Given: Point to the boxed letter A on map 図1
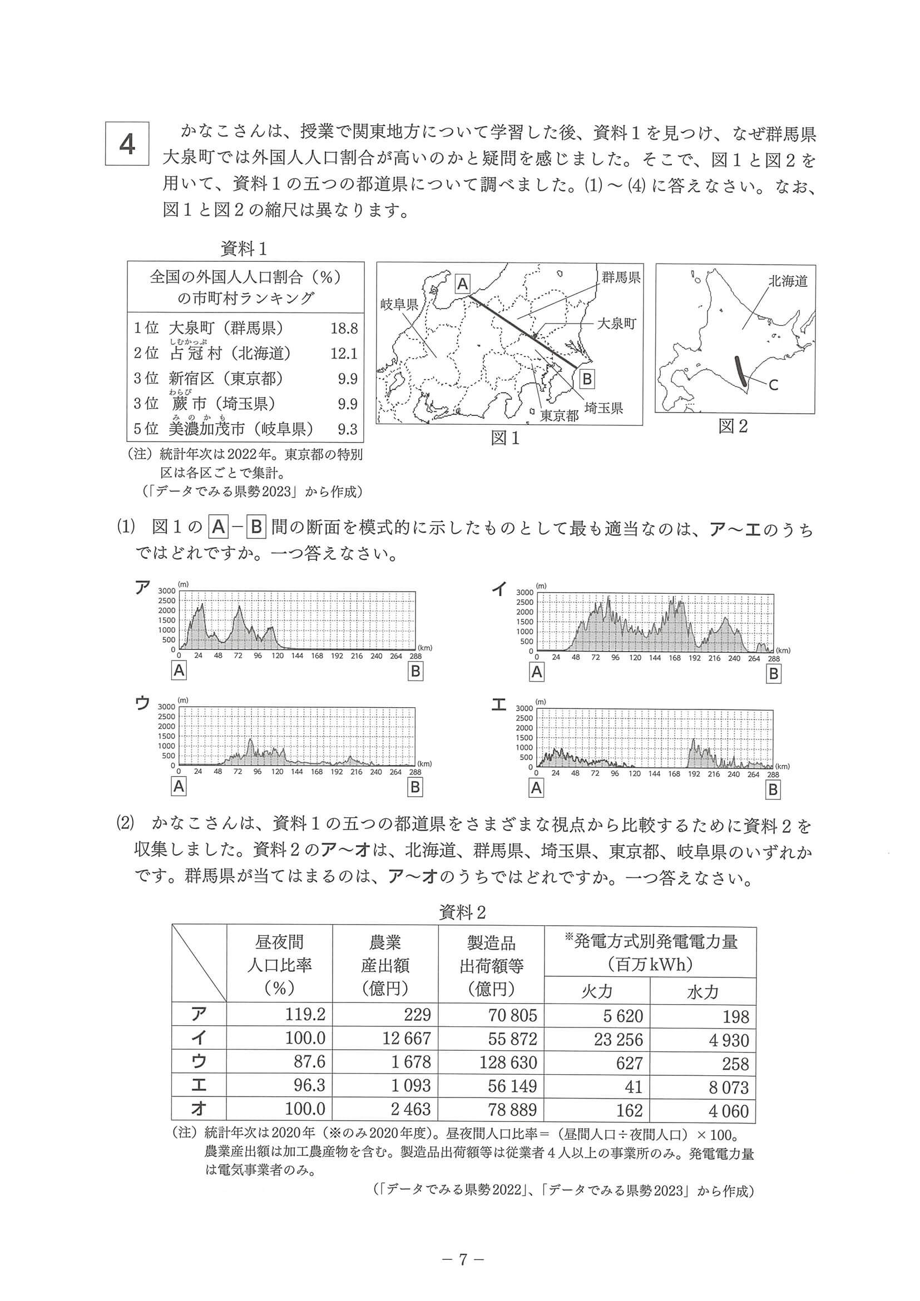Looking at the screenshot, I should (x=463, y=284).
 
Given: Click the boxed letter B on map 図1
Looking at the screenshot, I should (x=587, y=378).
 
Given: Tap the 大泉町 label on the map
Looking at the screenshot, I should (x=617, y=324).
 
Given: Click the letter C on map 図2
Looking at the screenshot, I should (x=773, y=385).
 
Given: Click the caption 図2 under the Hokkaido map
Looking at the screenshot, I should (x=733, y=426).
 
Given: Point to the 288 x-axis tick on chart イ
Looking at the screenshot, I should (x=773, y=658).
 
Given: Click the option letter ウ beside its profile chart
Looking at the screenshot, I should (x=142, y=704).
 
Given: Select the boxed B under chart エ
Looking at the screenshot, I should (x=773, y=789).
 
